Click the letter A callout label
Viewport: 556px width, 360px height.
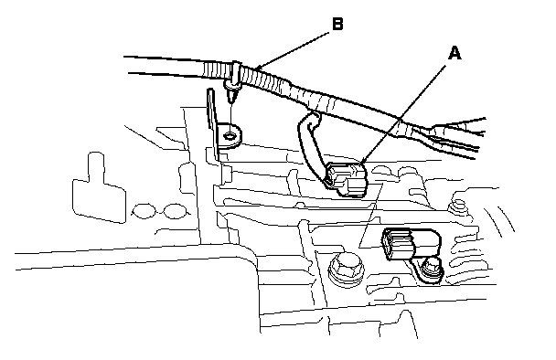pos(454,54)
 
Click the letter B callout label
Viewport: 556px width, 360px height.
pos(337,24)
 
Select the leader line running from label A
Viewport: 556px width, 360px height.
pos(405,113)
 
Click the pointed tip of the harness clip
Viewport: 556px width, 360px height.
pos(231,102)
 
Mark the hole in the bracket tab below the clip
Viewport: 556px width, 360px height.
pos(230,135)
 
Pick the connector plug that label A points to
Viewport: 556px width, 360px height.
pos(347,178)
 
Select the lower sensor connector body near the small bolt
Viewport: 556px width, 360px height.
pos(412,244)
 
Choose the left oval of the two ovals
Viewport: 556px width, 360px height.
pos(144,211)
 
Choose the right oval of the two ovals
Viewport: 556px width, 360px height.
pos(175,211)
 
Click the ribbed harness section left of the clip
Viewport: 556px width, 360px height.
pos(217,69)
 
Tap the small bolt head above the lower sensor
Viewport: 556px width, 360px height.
pos(459,206)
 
